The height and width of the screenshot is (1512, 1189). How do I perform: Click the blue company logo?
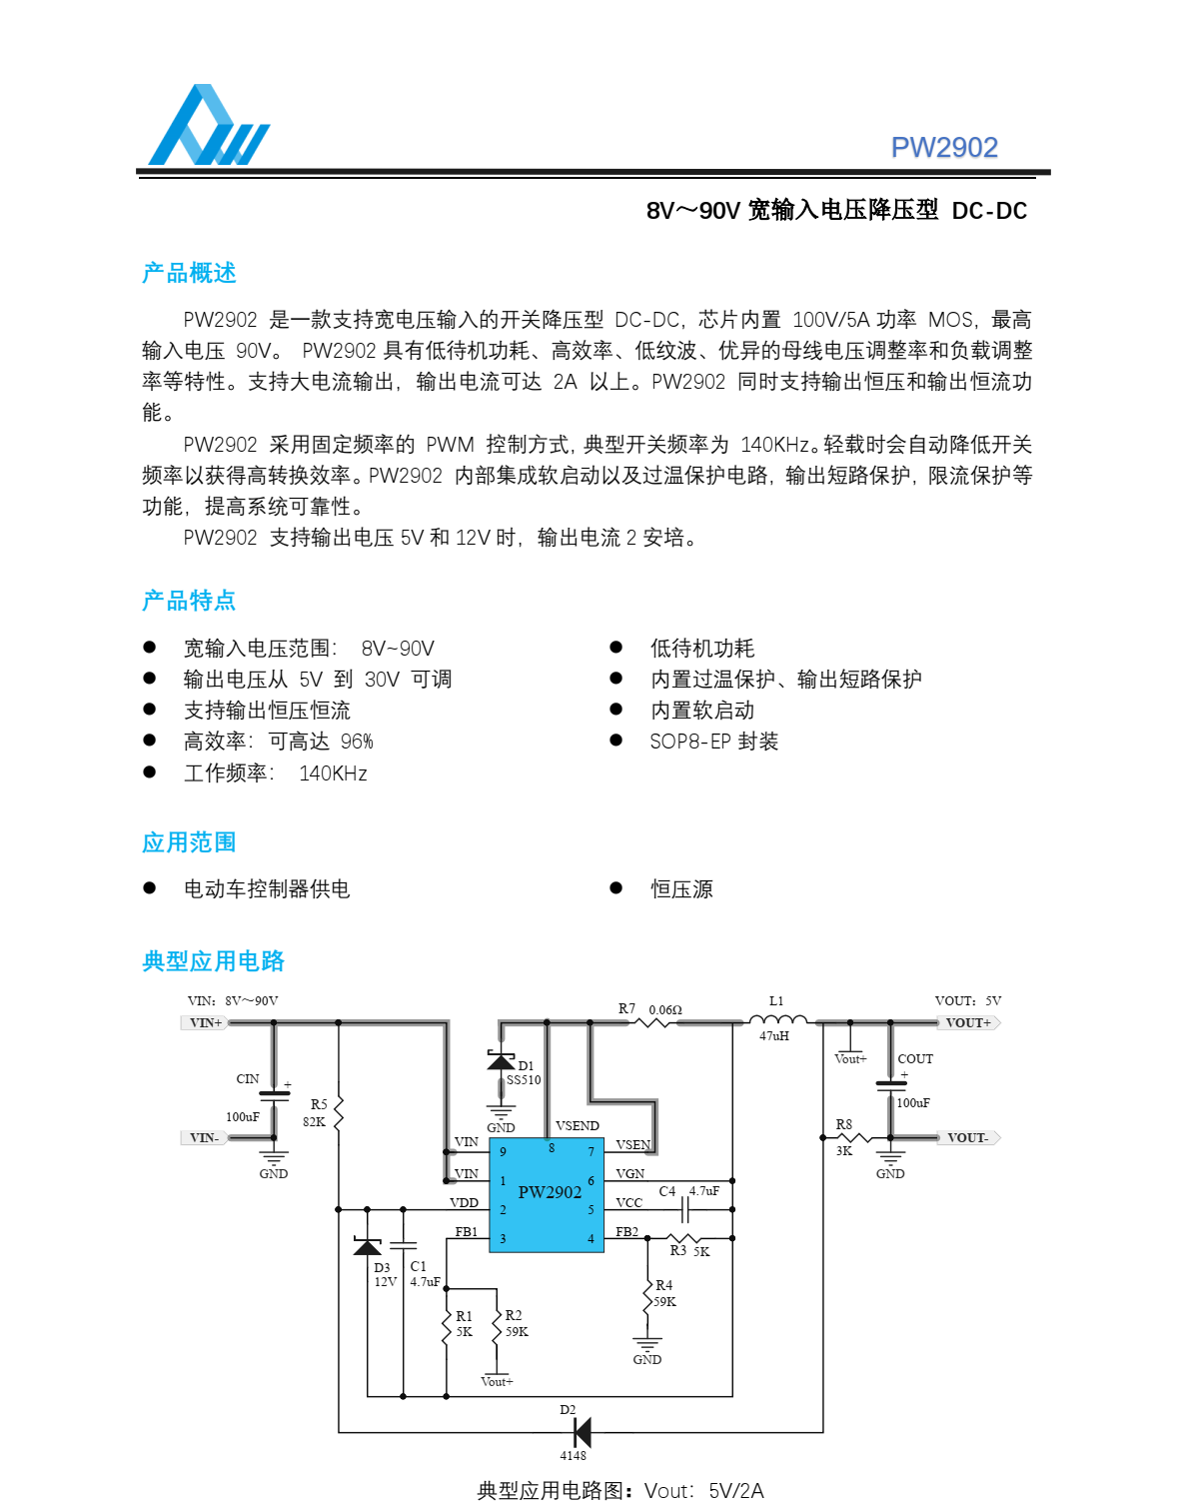pos(208,126)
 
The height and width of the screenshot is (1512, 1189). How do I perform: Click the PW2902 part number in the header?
pos(943,148)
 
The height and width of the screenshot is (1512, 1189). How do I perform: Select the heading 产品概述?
pos(189,273)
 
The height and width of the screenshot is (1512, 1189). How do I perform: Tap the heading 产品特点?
pos(189,601)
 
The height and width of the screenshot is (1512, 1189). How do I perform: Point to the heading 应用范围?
pos(189,842)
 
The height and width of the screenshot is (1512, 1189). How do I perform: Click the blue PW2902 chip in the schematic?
pos(547,1195)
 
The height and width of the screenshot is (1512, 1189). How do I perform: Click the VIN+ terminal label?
pos(205,1023)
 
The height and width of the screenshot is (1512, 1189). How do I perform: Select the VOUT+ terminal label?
pos(968,1023)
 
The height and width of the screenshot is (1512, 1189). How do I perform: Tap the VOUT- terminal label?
pos(967,1138)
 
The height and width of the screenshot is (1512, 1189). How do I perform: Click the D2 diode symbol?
pos(582,1432)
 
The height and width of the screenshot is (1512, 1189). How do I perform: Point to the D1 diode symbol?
pos(501,1060)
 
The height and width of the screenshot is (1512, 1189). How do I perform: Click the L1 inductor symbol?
pos(777,1019)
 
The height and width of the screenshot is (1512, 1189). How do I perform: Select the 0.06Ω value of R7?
pos(665,1009)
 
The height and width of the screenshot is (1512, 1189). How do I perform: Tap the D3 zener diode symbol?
pos(368,1246)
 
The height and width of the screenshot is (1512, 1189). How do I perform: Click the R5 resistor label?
pos(319,1104)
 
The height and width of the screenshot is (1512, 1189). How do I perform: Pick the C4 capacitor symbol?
pos(685,1210)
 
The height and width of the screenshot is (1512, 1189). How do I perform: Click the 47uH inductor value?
pos(774,1036)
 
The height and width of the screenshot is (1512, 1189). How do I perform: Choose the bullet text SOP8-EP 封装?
pos(713,742)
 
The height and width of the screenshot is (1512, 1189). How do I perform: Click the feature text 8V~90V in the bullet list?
pos(398,649)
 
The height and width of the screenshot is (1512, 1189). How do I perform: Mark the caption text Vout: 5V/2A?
pos(703,1491)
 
